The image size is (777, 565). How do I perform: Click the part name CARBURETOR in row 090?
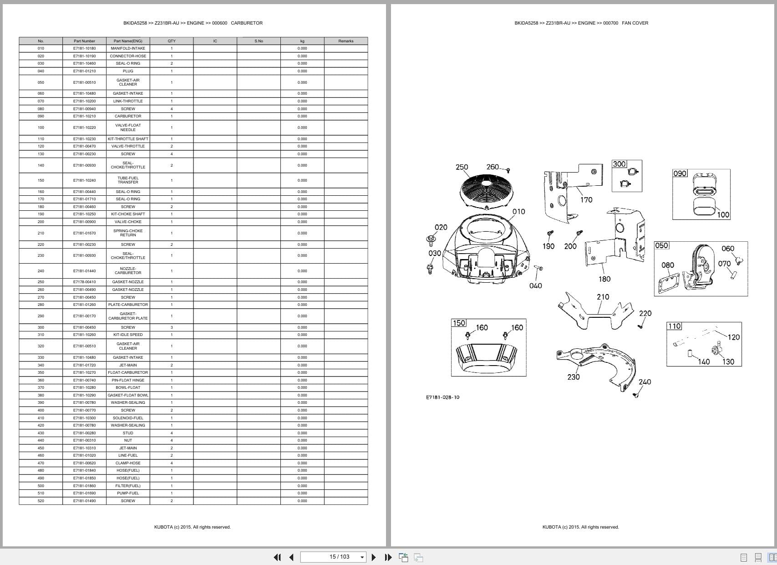coord(128,116)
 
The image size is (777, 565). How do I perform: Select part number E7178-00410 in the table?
coord(85,282)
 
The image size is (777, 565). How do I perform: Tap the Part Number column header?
coord(85,41)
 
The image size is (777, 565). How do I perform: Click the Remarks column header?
coord(345,41)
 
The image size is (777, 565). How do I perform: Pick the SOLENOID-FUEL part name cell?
coord(128,418)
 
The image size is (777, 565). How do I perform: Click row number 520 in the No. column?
coord(41,501)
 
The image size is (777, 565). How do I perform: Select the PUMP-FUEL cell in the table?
coord(128,493)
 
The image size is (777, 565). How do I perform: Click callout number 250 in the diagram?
coord(462,167)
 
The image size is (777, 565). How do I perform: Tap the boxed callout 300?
coord(619,164)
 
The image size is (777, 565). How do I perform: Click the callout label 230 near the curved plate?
coord(574,377)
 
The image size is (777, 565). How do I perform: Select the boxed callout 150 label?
coord(458,323)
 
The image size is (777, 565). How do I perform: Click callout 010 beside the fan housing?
coord(518,212)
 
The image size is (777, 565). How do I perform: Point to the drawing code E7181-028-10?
coord(442,397)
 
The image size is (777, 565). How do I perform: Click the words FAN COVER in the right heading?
coord(635,23)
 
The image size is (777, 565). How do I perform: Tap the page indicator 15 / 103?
coord(340,557)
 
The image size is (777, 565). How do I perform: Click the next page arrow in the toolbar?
coord(374,557)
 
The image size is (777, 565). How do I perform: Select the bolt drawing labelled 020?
coord(430,239)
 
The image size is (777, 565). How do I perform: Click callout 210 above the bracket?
coord(603,297)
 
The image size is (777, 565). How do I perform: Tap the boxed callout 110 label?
coord(674,326)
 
